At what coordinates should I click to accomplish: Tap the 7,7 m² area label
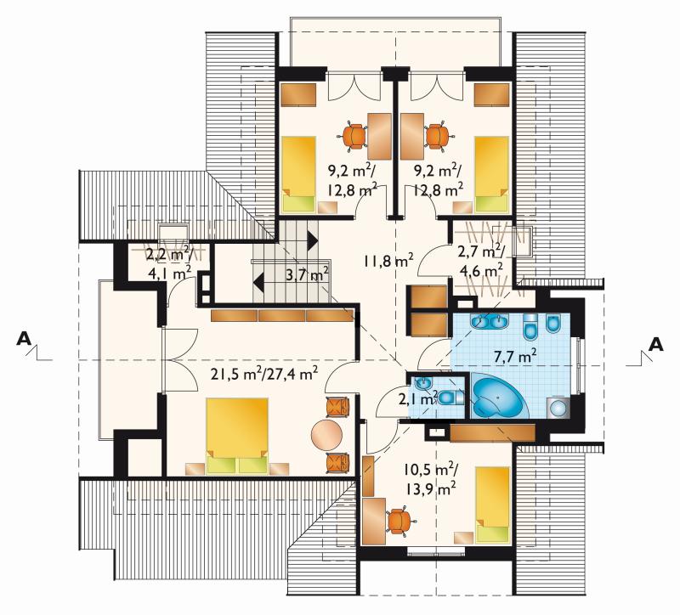point(515,356)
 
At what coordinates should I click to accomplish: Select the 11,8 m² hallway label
point(388,261)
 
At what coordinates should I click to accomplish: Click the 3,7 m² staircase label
point(307,274)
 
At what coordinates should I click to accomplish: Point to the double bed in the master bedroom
point(237,436)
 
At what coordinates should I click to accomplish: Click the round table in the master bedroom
point(326,435)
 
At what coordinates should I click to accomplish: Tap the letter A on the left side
point(24,338)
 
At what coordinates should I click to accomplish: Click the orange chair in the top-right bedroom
point(438,136)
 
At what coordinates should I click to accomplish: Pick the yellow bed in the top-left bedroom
point(299,174)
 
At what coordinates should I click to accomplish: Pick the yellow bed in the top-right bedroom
point(491,174)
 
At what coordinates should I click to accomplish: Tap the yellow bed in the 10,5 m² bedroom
point(492,505)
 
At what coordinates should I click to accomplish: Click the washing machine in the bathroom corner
point(557,408)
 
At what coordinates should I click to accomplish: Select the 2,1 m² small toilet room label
point(416,398)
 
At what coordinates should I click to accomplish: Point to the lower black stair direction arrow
point(258,284)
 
